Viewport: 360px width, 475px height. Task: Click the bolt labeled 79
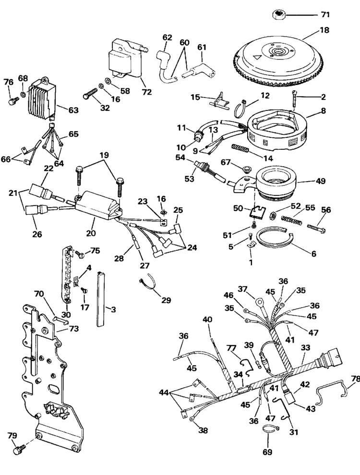[x=20, y=450]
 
